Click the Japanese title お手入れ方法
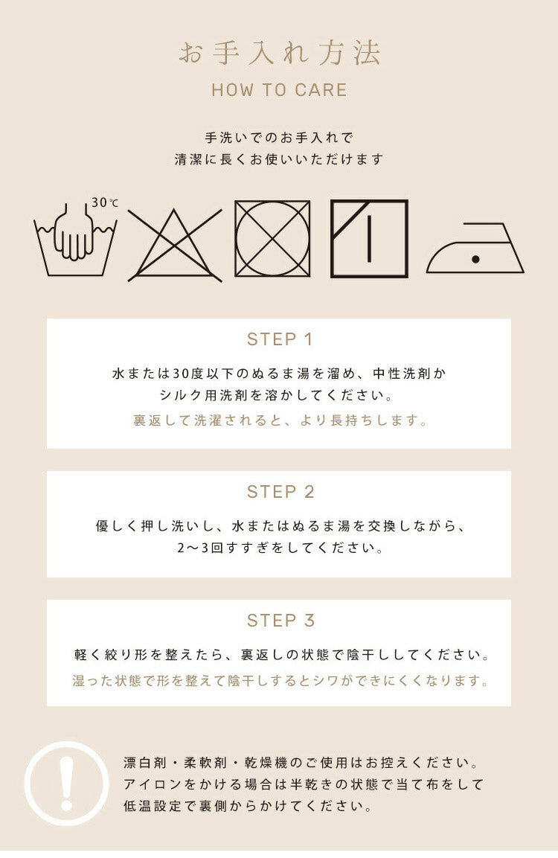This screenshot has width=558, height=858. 279,54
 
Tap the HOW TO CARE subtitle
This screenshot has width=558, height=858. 279,90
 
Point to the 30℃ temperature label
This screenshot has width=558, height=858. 104,202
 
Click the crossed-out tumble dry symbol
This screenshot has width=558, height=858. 272,239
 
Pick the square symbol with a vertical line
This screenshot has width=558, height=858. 369,239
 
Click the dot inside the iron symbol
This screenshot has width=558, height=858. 475,260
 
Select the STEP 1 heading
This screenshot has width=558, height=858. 280,339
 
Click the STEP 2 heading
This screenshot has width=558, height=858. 280,492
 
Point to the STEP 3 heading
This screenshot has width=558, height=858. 280,621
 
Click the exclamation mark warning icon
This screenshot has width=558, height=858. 67,784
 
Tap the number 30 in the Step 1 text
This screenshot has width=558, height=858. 180,374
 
